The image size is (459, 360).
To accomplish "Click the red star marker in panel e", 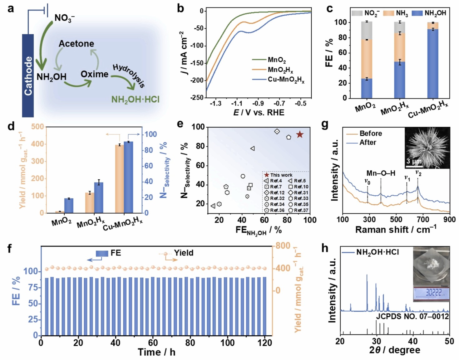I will point(300,134).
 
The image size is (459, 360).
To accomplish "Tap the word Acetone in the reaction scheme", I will point(76,44).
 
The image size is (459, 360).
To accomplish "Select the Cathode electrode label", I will point(28,76).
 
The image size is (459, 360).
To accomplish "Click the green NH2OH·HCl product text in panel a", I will point(135,100).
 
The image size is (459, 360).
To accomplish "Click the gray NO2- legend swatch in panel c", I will point(357,13).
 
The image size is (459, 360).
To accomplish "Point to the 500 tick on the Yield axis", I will point(37,127).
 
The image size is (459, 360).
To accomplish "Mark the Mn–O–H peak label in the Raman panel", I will point(381,173).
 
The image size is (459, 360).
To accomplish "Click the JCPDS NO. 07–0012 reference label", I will point(412,316).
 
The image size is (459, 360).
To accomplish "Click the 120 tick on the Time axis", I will point(265,343).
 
